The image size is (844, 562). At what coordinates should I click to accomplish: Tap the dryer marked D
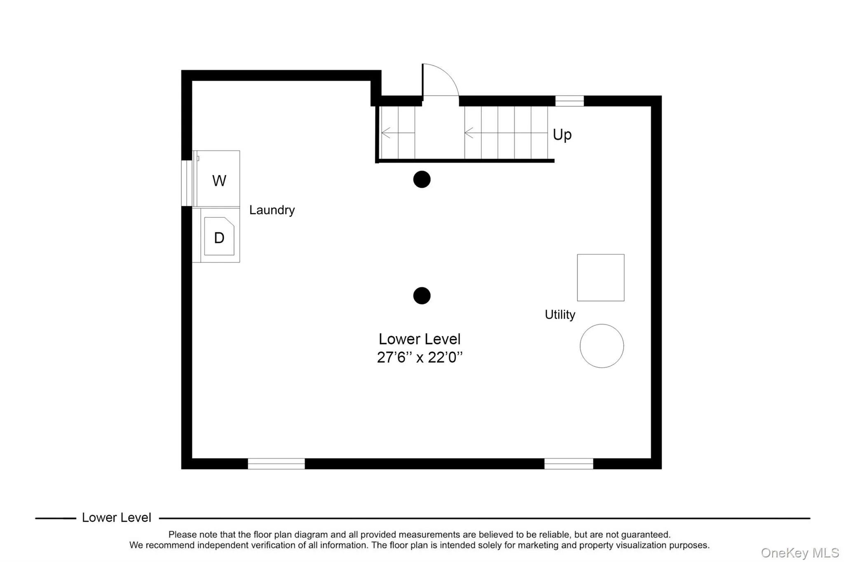(x=219, y=237)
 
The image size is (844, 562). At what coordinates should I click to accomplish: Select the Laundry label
(x=272, y=210)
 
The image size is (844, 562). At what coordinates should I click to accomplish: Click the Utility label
(x=559, y=315)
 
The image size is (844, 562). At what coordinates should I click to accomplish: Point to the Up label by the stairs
(x=562, y=135)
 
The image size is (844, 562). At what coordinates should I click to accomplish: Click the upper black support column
(x=422, y=180)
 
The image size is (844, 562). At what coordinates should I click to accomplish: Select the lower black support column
(x=422, y=296)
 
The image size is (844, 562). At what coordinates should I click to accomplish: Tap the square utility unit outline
(x=600, y=278)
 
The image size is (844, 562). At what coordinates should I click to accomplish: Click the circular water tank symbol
(x=601, y=346)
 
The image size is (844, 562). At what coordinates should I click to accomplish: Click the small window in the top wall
(x=569, y=101)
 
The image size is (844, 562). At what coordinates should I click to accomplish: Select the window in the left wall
(x=187, y=183)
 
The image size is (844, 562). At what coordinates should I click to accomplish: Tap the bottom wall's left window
(x=276, y=464)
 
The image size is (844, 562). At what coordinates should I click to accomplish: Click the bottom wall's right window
(x=568, y=464)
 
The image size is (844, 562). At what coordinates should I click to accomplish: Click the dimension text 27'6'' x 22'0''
(x=420, y=357)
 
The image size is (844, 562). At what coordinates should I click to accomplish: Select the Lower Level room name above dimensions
(x=420, y=339)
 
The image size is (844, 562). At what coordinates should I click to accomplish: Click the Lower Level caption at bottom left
(x=116, y=518)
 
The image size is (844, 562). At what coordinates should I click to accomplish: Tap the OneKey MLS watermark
(x=799, y=553)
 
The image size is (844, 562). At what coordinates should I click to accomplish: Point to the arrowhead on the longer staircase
(x=467, y=133)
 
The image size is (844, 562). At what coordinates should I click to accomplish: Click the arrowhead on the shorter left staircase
(x=384, y=133)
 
